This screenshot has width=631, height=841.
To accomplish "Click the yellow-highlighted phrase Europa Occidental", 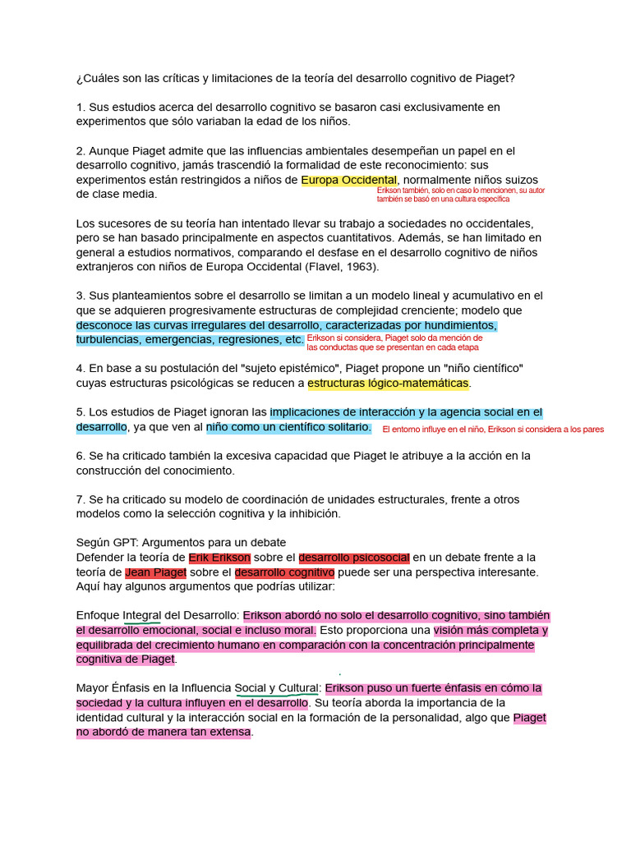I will (349, 180).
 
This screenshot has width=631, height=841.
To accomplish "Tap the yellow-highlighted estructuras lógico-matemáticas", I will (389, 384).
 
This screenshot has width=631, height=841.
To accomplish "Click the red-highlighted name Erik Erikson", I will (219, 558).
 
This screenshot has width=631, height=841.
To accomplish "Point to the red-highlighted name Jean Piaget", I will (156, 572).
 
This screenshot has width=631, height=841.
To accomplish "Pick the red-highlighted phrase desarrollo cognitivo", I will (284, 572).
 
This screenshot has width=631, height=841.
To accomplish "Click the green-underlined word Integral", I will (142, 616).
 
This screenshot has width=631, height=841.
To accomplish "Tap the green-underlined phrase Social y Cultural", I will (276, 688).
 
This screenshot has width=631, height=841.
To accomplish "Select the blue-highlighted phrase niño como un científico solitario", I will (288, 428).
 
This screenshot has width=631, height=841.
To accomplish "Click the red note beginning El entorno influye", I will (493, 430).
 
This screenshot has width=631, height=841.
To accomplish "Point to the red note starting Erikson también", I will (460, 195).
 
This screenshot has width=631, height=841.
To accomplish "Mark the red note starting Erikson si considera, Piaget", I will (394, 342).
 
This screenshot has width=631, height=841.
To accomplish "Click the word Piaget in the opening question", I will (496, 79).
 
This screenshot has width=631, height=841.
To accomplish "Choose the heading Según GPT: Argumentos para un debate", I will (181, 543).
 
